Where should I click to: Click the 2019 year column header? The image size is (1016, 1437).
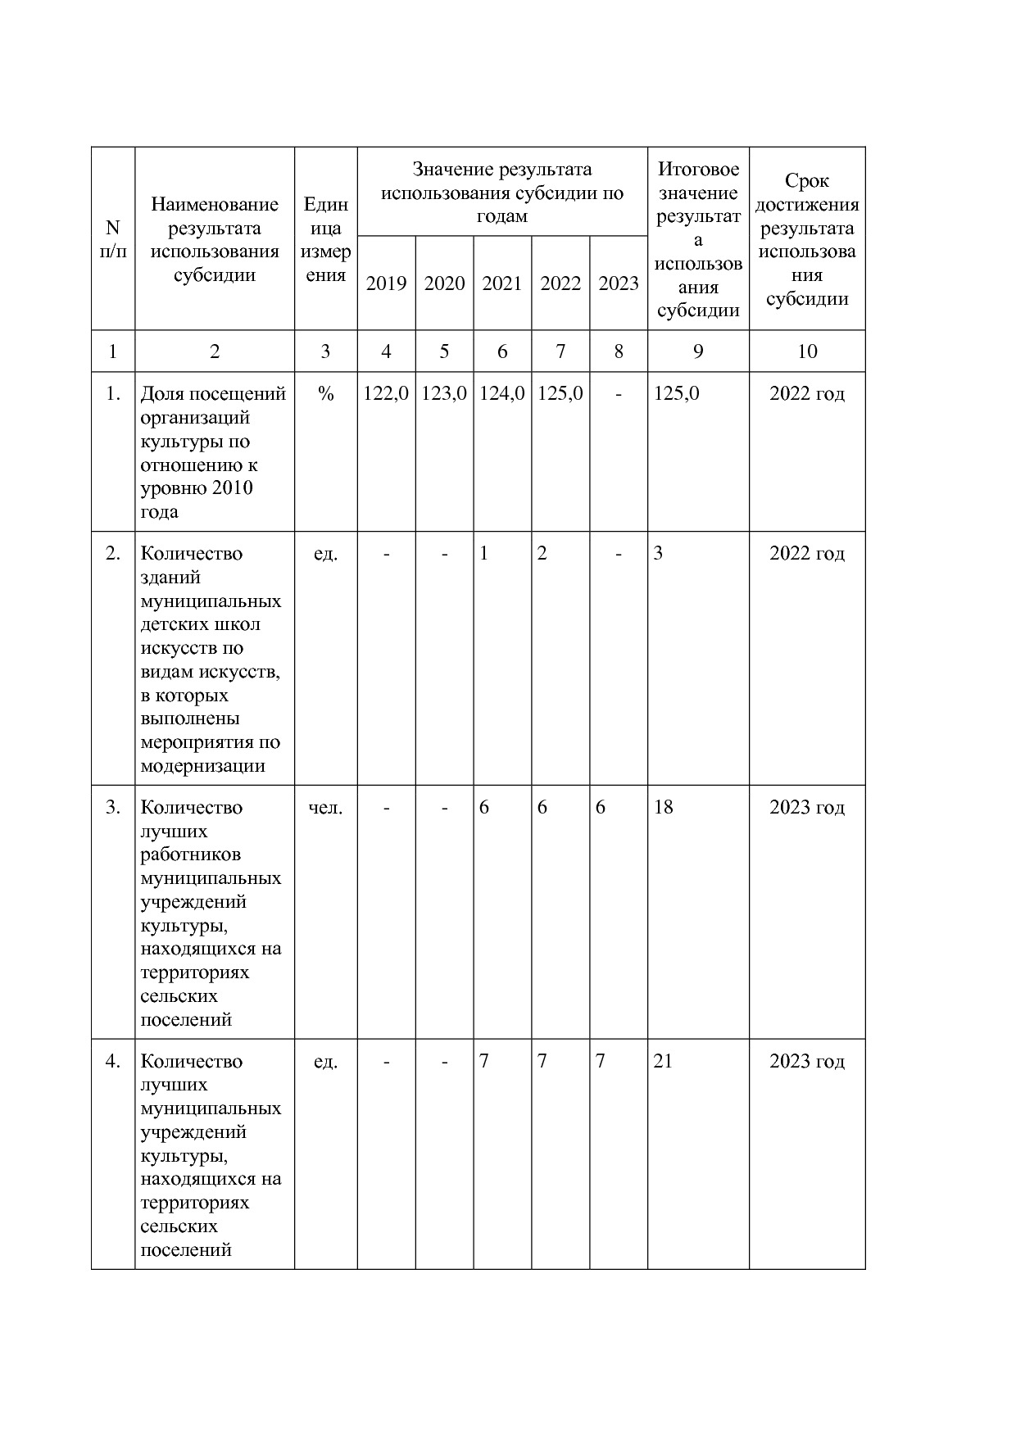tap(386, 283)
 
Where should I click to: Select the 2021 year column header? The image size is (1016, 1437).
tap(502, 283)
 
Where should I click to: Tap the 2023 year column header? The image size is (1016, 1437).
tap(619, 283)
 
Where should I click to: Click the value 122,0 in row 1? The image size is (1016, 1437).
tap(386, 394)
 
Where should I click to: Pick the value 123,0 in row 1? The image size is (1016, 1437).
tap(444, 394)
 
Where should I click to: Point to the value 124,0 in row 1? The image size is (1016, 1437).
tap(502, 394)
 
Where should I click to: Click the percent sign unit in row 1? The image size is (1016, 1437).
tap(325, 394)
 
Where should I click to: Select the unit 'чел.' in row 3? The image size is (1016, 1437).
tap(325, 808)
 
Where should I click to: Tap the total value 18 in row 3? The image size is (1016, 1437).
tap(663, 808)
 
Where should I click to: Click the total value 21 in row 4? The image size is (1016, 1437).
tap(663, 1062)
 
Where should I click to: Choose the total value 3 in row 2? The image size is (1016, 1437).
tap(658, 554)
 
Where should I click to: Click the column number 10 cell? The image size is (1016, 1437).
tap(807, 351)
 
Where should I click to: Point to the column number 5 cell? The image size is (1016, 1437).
tap(444, 351)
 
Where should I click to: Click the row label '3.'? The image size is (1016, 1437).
tap(113, 808)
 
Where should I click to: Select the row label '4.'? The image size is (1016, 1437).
tap(113, 1062)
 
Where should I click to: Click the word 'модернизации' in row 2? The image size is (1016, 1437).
tap(203, 767)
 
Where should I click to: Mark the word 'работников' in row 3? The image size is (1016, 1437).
tap(191, 854)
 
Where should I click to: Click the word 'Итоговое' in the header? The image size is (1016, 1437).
tap(698, 170)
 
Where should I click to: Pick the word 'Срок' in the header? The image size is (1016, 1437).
tap(807, 181)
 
